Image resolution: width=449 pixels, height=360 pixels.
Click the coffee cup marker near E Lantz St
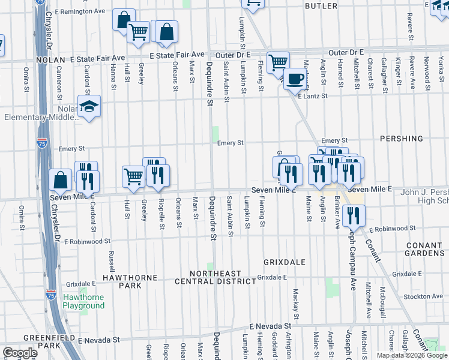[294, 78]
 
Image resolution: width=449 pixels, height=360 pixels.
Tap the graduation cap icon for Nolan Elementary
[89, 107]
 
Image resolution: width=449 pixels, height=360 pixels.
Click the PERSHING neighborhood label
[402, 139]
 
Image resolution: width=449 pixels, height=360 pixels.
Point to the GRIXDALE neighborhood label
[285, 262]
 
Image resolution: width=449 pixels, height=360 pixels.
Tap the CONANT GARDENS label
[424, 249]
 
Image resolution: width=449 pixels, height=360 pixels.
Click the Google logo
[20, 353]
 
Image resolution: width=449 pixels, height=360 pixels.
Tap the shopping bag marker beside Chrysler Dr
[61, 179]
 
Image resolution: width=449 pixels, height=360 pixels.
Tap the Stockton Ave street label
[423, 296]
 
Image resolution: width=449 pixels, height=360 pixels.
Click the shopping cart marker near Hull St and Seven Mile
[133, 176]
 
